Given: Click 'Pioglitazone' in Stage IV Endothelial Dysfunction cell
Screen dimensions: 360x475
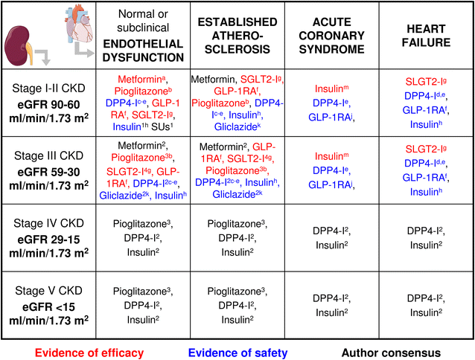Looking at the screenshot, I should click(142, 224).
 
